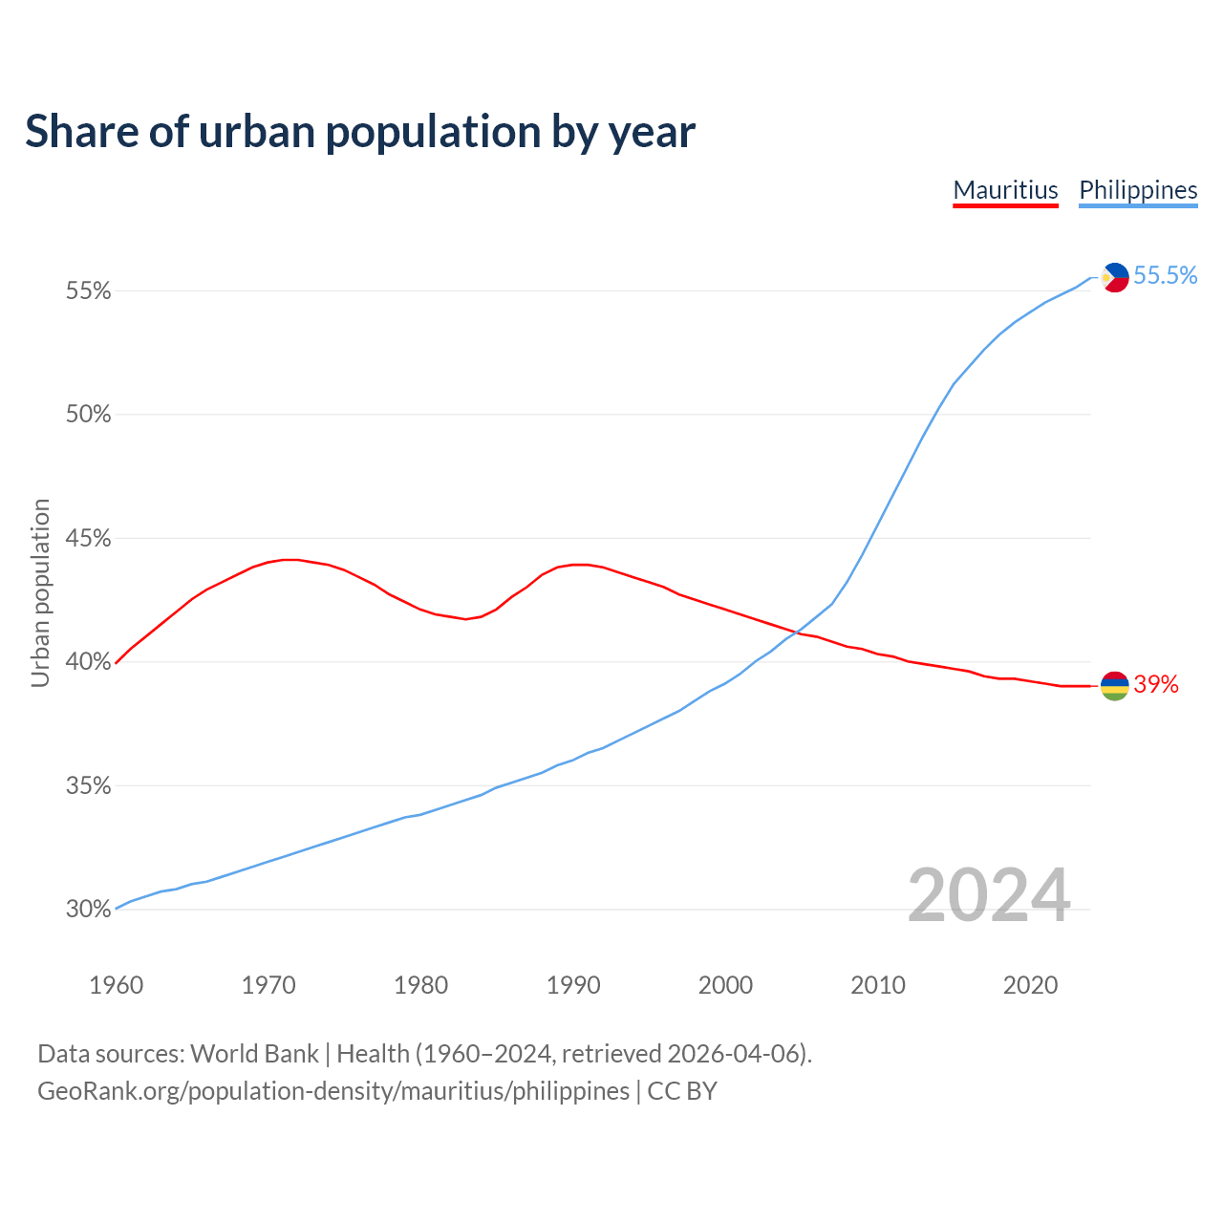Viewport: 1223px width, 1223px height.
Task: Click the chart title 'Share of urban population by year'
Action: (x=360, y=132)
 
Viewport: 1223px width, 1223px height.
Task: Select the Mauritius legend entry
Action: (x=1005, y=190)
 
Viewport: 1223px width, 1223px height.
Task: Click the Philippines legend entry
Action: (x=1138, y=190)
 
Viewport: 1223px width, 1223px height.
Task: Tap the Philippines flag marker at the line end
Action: (x=1115, y=277)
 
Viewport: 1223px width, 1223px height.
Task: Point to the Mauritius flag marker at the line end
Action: (x=1115, y=685)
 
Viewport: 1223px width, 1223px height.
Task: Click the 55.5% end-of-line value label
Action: (x=1165, y=276)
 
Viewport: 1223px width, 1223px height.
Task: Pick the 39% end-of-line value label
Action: (x=1156, y=685)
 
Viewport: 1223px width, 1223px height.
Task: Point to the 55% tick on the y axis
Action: (x=88, y=291)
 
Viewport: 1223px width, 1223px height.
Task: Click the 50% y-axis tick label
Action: (x=88, y=415)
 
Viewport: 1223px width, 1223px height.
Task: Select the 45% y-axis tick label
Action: (x=88, y=539)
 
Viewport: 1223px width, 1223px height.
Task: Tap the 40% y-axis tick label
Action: (x=88, y=662)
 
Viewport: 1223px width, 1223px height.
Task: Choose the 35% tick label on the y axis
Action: (x=88, y=786)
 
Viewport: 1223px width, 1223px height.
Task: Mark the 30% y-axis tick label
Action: (x=88, y=910)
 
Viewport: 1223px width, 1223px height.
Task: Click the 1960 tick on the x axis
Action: (x=117, y=985)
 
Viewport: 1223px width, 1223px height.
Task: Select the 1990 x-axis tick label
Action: (x=573, y=985)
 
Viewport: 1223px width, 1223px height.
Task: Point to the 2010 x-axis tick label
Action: (x=878, y=985)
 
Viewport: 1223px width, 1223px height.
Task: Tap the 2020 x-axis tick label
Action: (x=1030, y=985)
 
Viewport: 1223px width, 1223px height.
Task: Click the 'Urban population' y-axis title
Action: (x=40, y=592)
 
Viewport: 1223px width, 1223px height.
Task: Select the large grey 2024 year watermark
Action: (x=989, y=896)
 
